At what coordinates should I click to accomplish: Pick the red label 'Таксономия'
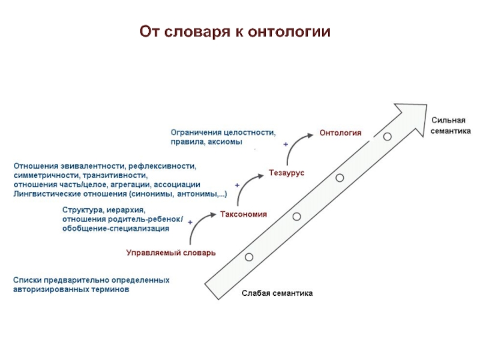coord(244,214)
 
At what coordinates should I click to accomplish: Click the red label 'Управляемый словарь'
coord(171,253)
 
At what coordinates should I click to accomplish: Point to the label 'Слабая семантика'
coord(277,293)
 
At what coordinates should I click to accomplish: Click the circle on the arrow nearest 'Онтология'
coord(387,137)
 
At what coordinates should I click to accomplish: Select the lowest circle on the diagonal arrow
coord(249,257)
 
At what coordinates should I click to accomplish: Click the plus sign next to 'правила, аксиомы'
coord(286,145)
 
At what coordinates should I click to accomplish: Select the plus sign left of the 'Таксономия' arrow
coord(190,222)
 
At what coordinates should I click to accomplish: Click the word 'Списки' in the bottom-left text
coord(26,280)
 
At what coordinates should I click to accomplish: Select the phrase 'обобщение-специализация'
coord(115,229)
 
